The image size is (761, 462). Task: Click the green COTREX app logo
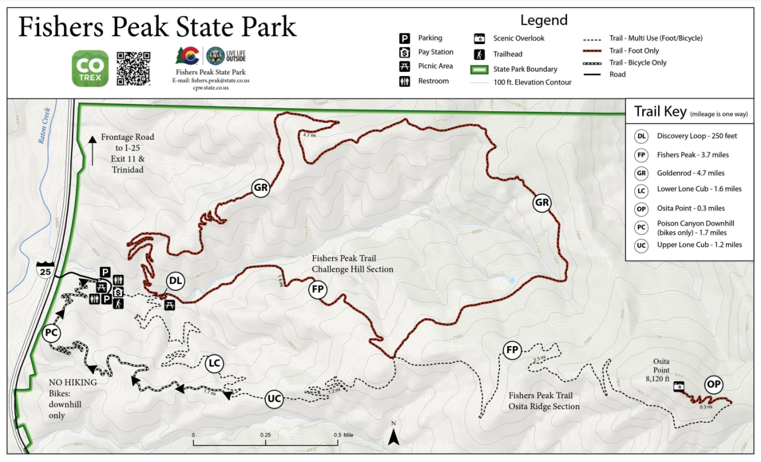[90, 68]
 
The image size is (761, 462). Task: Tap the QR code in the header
[133, 68]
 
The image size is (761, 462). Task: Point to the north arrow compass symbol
[393, 436]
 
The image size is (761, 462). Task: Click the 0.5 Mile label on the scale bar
[343, 435]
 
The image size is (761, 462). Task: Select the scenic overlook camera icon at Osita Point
[678, 387]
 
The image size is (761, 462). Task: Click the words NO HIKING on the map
[73, 382]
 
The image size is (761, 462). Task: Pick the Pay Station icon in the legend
[404, 52]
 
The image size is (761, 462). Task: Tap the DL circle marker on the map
[175, 281]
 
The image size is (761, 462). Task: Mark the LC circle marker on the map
[215, 363]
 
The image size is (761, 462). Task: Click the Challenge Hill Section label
[352, 269]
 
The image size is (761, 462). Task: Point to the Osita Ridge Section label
[543, 406]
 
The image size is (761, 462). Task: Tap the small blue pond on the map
[511, 279]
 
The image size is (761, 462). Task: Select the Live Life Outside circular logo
[215, 56]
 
